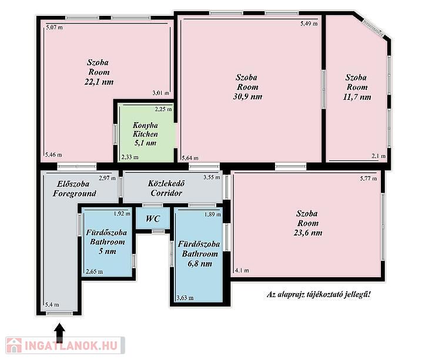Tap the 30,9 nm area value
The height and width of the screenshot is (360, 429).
(x=247, y=96)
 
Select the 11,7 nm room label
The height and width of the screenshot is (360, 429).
(x=357, y=87)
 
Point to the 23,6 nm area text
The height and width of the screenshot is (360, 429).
(x=308, y=233)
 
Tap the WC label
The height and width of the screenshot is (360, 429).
(x=153, y=218)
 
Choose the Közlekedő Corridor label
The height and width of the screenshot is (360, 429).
(x=166, y=188)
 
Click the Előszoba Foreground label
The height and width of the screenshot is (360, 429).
(x=75, y=189)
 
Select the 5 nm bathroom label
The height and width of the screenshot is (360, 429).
(x=107, y=242)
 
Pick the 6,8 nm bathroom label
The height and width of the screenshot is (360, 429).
(x=199, y=254)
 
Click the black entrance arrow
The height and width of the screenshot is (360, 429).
(x=59, y=332)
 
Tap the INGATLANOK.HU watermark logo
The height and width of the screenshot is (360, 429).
(x=65, y=345)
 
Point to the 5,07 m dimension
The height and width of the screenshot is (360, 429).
(x=54, y=28)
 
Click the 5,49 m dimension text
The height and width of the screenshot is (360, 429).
(x=309, y=23)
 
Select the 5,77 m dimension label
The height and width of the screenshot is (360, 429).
(x=368, y=179)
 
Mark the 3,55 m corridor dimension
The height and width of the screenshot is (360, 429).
(x=212, y=177)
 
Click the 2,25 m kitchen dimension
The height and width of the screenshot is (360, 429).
(x=163, y=109)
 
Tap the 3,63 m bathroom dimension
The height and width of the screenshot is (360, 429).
(x=185, y=298)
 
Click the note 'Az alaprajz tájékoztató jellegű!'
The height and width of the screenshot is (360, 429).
(x=319, y=295)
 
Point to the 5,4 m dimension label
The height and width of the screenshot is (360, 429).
(x=52, y=305)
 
